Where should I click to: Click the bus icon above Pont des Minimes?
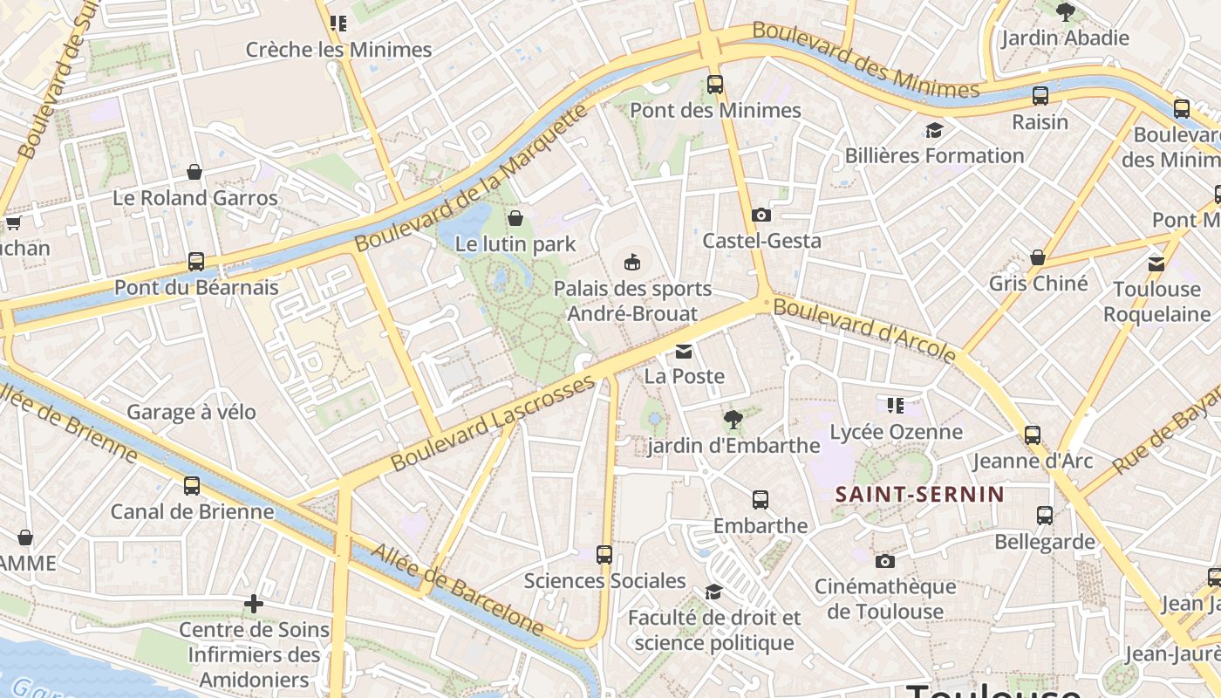715,85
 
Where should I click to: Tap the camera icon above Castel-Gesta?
761,215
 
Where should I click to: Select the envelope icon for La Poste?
684,352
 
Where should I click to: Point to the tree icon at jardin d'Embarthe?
733,420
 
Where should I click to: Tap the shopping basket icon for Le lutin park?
515,218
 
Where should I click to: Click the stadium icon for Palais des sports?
632,262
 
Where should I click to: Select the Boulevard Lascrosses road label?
493,423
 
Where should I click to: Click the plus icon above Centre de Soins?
254,604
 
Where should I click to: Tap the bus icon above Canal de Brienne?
192,486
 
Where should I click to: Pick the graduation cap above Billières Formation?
934,131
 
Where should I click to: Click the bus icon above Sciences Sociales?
604,555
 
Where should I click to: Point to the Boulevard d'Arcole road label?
865,329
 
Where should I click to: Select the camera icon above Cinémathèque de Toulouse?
885,561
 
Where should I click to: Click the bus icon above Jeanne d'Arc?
1033,435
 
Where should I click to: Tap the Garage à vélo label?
191,412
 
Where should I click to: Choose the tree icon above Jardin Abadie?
1065,12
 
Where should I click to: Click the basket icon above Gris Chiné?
1038,257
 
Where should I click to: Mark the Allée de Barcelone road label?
458,588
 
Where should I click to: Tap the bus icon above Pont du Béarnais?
196,262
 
